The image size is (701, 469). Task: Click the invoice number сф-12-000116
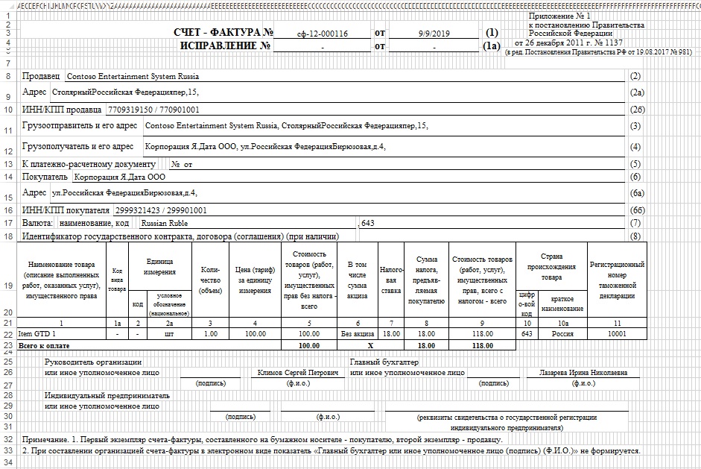pos(322,34)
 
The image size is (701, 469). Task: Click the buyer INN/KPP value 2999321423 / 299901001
pos(160,211)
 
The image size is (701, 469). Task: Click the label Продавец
pos(42,76)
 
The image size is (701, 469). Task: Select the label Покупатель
pos(45,177)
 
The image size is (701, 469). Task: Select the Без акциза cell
pos(358,334)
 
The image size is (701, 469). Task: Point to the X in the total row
pos(358,346)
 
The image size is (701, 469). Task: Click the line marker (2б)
pos(635,110)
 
